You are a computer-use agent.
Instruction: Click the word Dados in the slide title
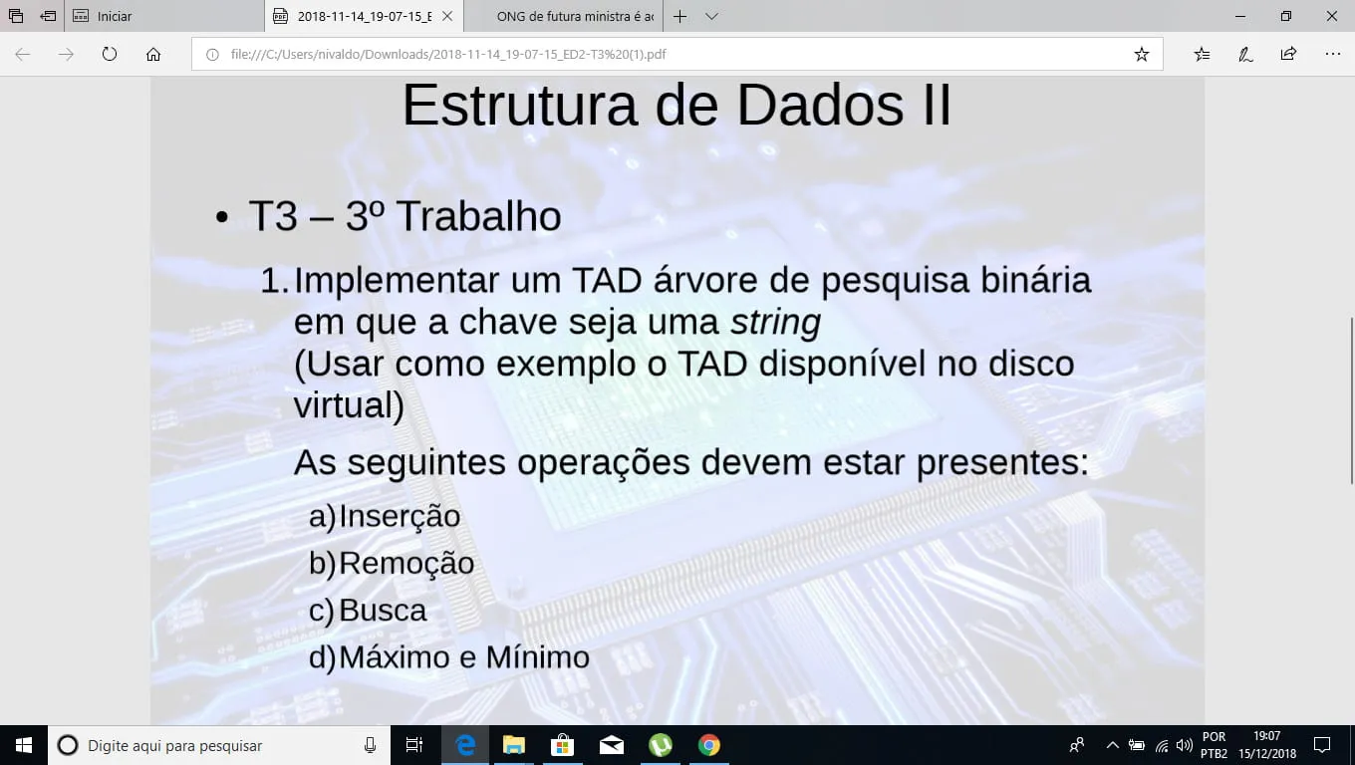tap(820, 106)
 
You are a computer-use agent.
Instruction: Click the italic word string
tap(775, 322)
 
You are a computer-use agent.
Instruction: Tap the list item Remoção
tap(406, 564)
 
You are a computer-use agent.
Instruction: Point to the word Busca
tap(383, 611)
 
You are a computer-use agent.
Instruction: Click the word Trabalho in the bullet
tap(478, 216)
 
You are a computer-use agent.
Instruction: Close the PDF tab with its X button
tap(447, 16)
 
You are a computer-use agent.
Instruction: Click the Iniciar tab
tap(164, 16)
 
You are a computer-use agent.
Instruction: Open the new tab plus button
tap(679, 16)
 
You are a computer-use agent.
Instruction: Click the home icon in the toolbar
tap(153, 55)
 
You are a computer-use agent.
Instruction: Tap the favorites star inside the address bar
tap(1141, 55)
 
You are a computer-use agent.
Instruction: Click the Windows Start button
tap(24, 745)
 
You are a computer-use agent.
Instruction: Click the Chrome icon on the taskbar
tap(709, 745)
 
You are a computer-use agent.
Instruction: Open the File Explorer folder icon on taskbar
tap(513, 745)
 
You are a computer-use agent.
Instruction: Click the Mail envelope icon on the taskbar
tap(612, 746)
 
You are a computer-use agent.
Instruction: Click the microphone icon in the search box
tap(370, 746)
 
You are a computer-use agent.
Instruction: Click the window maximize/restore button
tap(1286, 16)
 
